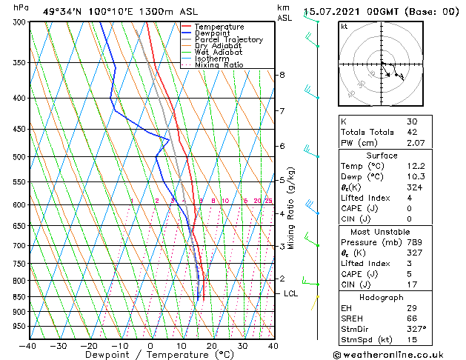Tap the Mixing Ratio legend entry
[219, 65]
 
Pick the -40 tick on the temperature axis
[28, 346]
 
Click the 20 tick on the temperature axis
[212, 346]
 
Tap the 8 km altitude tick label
[282, 75]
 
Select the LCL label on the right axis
[291, 293]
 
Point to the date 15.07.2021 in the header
[331, 12]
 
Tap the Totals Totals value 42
[413, 131]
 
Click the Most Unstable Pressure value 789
[415, 242]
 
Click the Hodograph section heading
[382, 297]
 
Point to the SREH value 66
[413, 319]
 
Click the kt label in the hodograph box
[344, 26]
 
